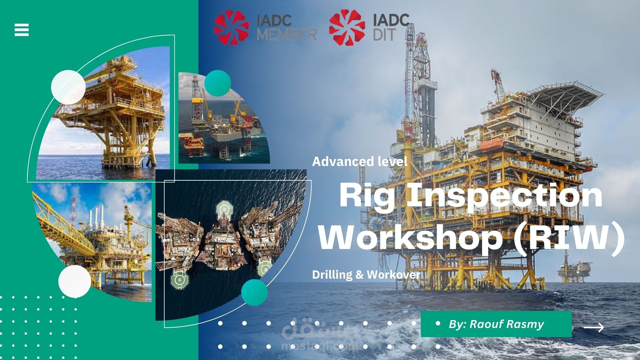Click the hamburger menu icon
pyautogui.click(x=22, y=30)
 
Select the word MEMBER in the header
pyautogui.click(x=287, y=34)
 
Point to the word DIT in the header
pyautogui.click(x=384, y=34)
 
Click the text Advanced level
pyautogui.click(x=360, y=162)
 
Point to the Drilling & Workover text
pyautogui.click(x=366, y=275)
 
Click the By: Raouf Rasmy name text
pyautogui.click(x=496, y=324)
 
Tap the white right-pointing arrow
pyautogui.click(x=594, y=328)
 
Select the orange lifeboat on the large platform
pyautogui.click(x=492, y=145)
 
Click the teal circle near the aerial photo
pyautogui.click(x=254, y=292)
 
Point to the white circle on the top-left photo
pyautogui.click(x=68, y=87)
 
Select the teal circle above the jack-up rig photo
pyautogui.click(x=218, y=83)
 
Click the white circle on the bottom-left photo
pyautogui.click(x=75, y=281)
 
